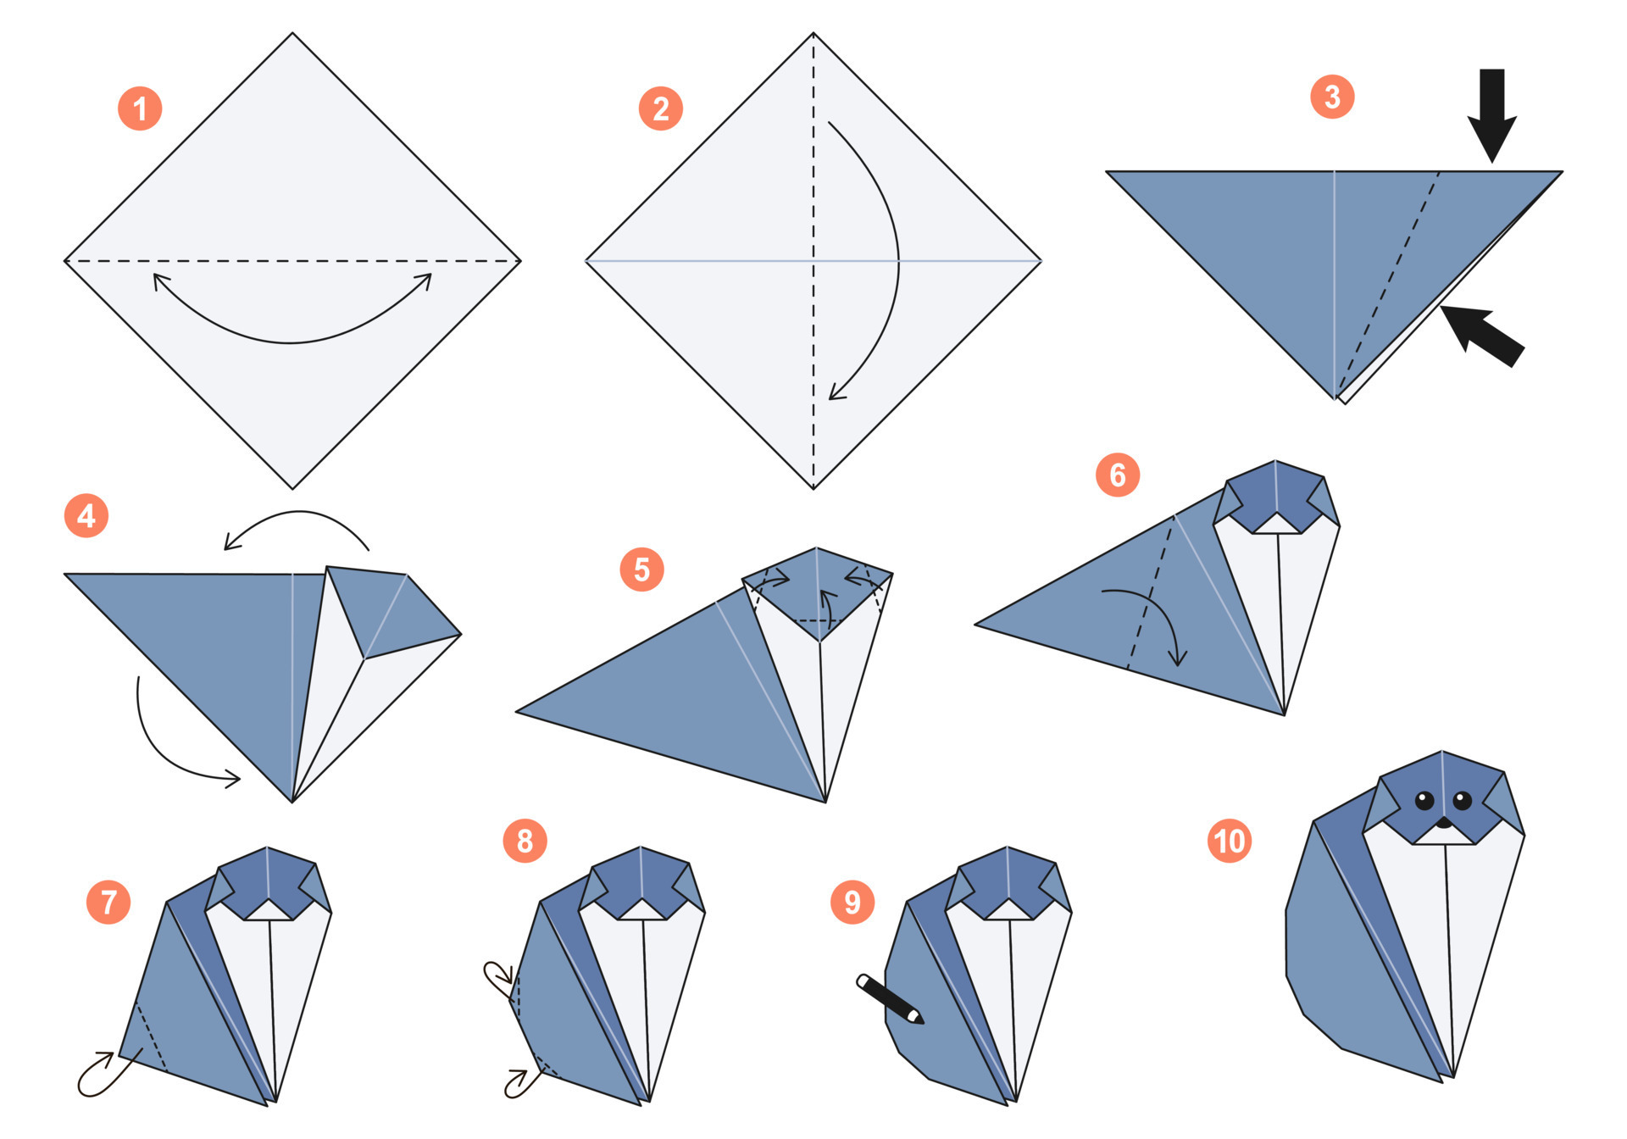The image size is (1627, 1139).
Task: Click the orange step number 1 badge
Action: pos(140,108)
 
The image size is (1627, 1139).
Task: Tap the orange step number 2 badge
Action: pos(660,108)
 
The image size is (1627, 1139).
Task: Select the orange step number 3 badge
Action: pos(1331,97)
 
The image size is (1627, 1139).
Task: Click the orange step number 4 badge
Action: pos(86,515)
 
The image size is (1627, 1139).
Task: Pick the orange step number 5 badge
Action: pos(641,569)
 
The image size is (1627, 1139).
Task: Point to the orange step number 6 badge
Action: pos(1117,475)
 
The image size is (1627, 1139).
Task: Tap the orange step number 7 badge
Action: pos(108,902)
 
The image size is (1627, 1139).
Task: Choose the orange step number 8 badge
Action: pos(525,841)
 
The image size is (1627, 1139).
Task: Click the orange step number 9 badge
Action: pos(852,902)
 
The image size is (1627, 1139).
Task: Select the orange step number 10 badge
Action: pos(1229,841)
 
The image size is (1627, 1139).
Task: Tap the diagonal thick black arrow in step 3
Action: pos(1485,336)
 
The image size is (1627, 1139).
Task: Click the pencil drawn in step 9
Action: pos(890,999)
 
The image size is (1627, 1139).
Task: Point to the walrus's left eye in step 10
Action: pos(1424,800)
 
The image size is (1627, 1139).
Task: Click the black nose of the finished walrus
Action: pos(1444,822)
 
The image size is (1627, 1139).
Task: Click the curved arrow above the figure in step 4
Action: pos(297,521)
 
